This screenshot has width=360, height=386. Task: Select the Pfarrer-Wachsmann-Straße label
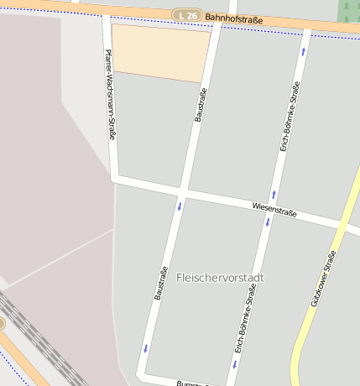click(x=110, y=93)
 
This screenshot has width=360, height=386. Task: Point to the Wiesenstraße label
click(x=275, y=210)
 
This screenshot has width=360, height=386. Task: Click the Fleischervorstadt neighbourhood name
click(x=221, y=277)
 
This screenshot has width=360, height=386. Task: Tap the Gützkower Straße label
click(x=323, y=277)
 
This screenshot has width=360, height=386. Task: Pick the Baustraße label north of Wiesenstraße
click(x=201, y=105)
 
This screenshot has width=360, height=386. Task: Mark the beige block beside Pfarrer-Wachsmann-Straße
click(x=160, y=51)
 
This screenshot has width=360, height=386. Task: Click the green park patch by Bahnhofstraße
click(x=349, y=10)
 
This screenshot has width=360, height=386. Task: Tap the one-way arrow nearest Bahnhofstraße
click(x=304, y=52)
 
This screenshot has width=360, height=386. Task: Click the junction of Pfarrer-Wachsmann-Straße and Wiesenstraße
click(x=114, y=178)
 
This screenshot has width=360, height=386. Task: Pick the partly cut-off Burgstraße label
click(x=190, y=383)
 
